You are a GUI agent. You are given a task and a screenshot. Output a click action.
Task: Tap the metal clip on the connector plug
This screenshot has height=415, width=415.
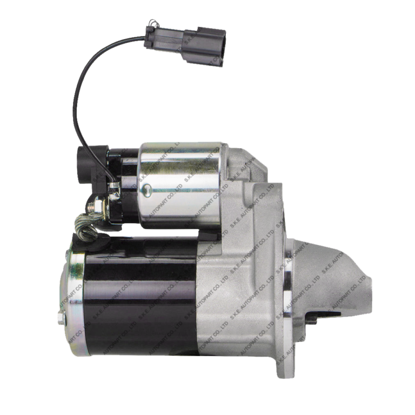tap(151, 24)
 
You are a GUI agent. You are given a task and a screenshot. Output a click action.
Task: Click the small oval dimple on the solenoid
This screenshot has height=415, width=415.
tap(146, 190)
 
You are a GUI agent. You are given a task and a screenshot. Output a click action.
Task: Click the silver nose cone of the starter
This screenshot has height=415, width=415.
tap(335, 281)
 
